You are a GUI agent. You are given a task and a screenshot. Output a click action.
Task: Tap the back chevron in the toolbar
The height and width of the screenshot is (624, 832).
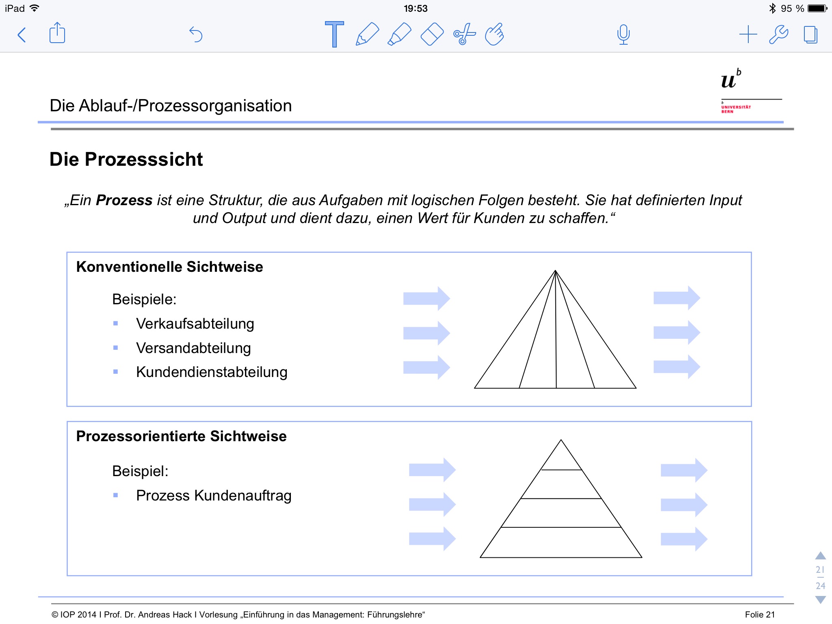coord(22,35)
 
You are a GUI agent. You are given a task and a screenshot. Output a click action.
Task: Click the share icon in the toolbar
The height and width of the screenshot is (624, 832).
coord(57,33)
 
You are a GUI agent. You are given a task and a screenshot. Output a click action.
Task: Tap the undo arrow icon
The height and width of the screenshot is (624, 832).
coord(196,35)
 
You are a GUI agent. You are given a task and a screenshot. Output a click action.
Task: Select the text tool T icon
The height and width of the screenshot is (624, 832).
coord(334,35)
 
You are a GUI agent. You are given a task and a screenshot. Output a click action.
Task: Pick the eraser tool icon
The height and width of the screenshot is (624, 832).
coord(431,35)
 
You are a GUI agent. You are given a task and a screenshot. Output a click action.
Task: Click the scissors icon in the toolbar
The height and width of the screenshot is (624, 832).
coord(464,35)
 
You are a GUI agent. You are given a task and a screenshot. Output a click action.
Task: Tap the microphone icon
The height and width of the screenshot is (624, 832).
coord(623,35)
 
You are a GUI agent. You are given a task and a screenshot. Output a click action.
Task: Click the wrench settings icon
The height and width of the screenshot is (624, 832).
coord(778,35)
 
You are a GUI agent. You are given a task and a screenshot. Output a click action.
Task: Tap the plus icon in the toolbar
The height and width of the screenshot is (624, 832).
coord(747,35)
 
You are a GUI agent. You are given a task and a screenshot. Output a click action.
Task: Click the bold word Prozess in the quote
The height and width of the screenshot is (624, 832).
coord(124,200)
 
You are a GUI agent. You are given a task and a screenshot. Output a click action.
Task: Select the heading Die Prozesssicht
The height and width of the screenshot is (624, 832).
coord(126,159)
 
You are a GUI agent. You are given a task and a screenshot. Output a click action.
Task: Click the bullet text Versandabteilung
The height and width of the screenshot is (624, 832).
coord(193,348)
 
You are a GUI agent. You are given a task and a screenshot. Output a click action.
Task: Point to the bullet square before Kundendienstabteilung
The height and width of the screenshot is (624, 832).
coord(116,372)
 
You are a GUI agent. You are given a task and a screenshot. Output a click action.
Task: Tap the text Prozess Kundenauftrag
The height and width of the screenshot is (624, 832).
coord(214,496)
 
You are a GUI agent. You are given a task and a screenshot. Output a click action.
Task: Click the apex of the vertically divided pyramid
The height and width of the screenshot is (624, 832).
coord(555,271)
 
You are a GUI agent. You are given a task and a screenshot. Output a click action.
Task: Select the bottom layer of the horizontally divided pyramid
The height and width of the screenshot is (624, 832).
coord(561,543)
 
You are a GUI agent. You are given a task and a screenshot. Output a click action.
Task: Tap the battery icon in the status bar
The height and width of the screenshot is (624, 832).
coord(817,9)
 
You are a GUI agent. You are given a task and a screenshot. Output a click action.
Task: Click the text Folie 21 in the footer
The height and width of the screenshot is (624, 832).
coord(760,615)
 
